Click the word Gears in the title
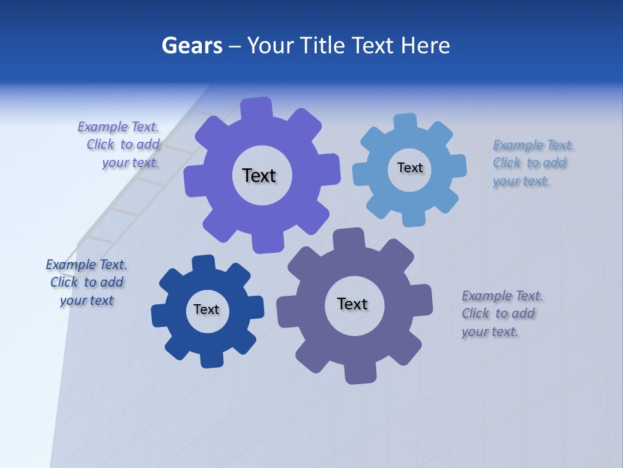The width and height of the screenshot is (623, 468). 191,46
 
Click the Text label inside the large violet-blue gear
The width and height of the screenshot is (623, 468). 259,175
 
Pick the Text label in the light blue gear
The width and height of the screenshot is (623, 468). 409,168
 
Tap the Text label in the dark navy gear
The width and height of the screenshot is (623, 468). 206,309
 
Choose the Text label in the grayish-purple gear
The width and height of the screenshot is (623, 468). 352,304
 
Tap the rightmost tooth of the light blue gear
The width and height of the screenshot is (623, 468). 457,166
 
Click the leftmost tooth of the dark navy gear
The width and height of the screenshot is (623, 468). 160,315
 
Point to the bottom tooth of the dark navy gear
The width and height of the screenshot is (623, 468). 212,359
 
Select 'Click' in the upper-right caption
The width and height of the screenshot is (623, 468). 507,163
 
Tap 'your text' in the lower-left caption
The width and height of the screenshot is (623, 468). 86,300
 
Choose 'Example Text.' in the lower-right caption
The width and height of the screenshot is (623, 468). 502,296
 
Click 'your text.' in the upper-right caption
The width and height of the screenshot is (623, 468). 520,181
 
